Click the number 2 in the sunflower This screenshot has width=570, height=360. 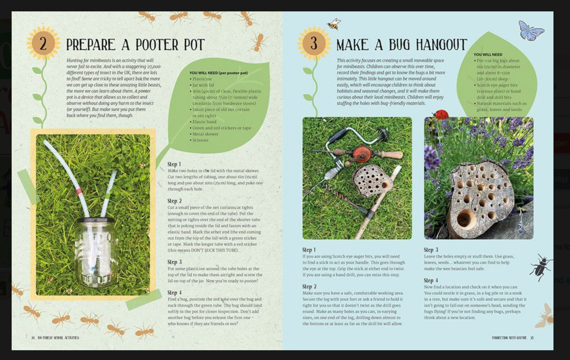(43, 44)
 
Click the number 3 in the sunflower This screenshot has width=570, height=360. (313, 43)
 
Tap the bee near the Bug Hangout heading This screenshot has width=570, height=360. (334, 24)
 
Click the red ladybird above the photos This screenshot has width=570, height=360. (441, 114)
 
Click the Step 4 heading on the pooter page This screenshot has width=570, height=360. (175, 293)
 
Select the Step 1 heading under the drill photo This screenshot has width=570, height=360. (309, 250)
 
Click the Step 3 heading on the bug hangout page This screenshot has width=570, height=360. (431, 250)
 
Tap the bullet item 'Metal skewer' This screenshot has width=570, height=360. (205, 134)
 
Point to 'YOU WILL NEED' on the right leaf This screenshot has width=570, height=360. (488, 55)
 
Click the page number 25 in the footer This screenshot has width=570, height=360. (532, 338)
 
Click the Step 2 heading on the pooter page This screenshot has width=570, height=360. (175, 201)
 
